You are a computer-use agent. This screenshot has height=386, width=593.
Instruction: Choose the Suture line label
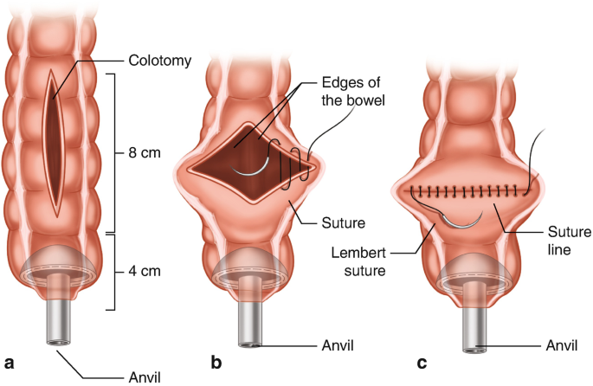[x=567, y=243]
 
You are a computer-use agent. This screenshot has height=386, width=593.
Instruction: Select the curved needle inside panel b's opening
[x=260, y=172]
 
